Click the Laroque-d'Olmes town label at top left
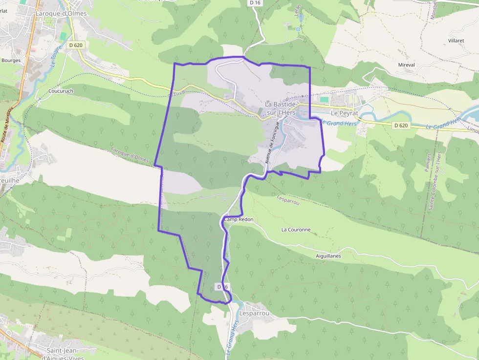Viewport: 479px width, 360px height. tap(61, 14)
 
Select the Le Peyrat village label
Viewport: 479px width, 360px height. tap(345, 113)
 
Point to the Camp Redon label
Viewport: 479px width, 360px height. tap(239, 220)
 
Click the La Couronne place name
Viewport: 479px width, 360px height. tap(296, 230)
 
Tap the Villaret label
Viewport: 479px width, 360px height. tap(456, 41)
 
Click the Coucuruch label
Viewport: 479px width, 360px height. tap(61, 91)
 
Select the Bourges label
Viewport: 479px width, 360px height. tap(11, 61)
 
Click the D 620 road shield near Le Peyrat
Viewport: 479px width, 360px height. tap(400, 126)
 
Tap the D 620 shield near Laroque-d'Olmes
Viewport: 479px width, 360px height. tap(76, 45)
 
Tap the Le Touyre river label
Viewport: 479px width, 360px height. tap(55, 58)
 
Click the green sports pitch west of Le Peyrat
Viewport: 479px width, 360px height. tap(325, 99)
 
